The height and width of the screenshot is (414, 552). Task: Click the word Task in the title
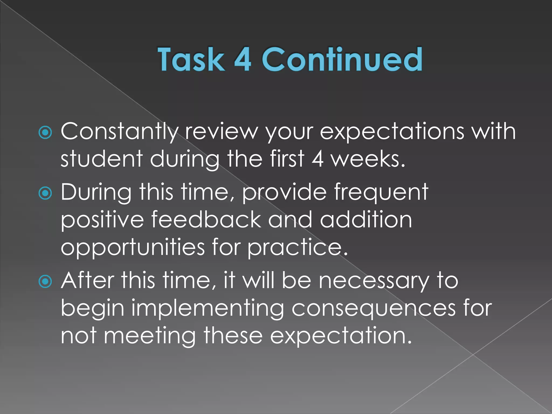click(191, 59)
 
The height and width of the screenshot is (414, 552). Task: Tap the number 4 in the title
click(243, 59)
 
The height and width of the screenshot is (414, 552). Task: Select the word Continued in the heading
click(342, 59)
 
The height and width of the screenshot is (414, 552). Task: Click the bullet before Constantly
click(45, 132)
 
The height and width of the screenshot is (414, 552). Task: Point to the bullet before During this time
click(45, 193)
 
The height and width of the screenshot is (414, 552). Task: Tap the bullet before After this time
click(45, 282)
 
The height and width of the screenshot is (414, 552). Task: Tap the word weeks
click(368, 159)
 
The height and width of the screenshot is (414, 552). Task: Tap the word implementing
click(208, 309)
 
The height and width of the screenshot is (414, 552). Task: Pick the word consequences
click(373, 309)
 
